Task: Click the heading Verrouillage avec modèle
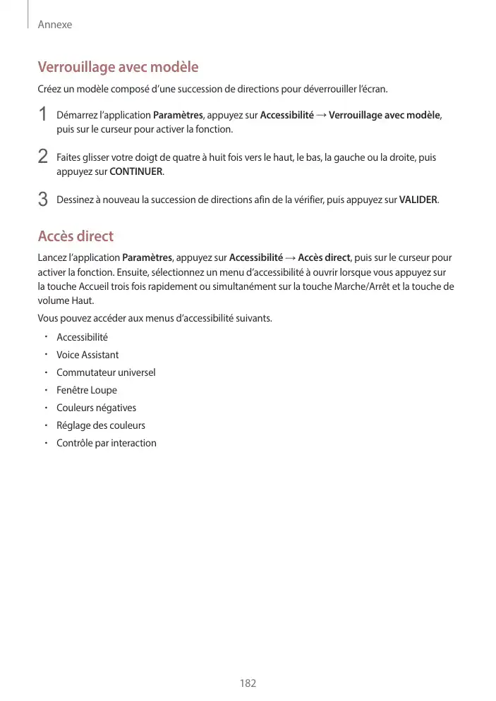(118, 68)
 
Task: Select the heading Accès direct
(75, 236)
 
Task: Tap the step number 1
(43, 114)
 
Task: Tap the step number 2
(43, 157)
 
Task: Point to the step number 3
(43, 200)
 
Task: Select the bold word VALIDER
(418, 200)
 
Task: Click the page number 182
(248, 683)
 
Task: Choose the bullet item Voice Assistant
(87, 355)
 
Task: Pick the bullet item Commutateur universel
(106, 372)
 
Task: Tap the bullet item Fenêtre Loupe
(87, 390)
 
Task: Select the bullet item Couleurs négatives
(97, 408)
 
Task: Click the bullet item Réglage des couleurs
(101, 425)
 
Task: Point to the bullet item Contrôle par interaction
(107, 443)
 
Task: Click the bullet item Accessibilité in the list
(82, 337)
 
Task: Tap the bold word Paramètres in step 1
(177, 115)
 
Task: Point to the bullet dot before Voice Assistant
(44, 354)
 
